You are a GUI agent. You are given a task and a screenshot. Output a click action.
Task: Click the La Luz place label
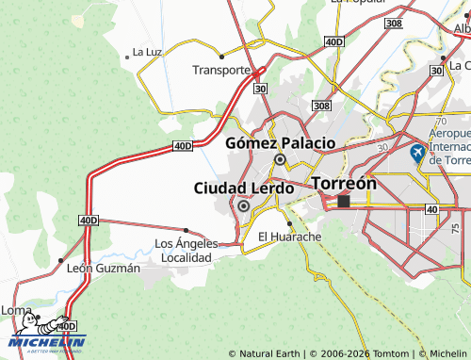pos(148,52)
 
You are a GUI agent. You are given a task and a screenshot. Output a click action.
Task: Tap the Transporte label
pos(221,70)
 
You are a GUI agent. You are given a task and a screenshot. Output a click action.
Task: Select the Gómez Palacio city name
pos(281,143)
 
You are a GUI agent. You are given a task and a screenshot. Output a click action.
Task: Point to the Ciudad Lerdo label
pos(244,188)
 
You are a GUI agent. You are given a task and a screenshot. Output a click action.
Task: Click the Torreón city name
pos(344,183)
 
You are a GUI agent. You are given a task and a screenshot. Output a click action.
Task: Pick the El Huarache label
pos(283,237)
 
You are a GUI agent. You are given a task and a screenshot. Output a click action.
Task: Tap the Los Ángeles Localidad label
pos(186,250)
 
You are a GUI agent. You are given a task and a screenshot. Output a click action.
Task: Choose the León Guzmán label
pos(104,269)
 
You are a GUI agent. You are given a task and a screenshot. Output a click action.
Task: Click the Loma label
pos(16,310)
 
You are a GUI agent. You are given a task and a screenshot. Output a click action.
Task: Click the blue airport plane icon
pos(418,152)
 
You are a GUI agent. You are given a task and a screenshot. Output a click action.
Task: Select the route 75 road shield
pos(456,228)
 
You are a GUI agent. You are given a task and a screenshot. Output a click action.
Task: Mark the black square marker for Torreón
pos(344,201)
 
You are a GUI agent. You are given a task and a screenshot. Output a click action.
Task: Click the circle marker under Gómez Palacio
pos(280,160)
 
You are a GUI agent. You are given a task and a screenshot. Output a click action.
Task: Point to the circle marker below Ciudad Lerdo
pos(243,205)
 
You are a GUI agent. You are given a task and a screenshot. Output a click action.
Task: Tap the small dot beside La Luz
pos(126,57)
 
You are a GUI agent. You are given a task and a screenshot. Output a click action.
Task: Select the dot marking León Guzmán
pos(61,260)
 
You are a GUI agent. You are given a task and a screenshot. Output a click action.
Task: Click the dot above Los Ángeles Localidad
pos(186,230)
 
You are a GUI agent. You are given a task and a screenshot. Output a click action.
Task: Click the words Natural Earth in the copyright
pos(270,353)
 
